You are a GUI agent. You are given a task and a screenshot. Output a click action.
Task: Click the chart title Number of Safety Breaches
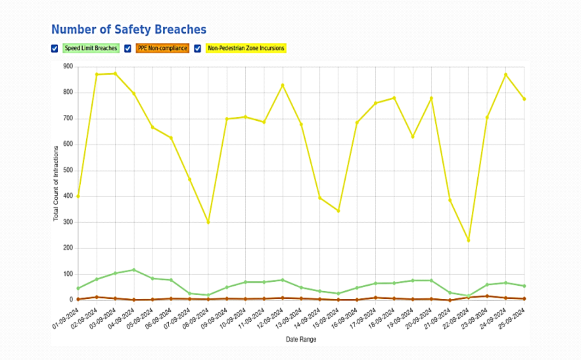pyautogui.click(x=129, y=29)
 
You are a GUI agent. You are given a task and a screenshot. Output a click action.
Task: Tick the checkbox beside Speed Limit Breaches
pyautogui.click(x=55, y=48)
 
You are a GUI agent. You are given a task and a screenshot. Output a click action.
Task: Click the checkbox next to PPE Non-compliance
pyautogui.click(x=128, y=48)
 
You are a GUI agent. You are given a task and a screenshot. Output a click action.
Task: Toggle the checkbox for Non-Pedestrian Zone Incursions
pyautogui.click(x=197, y=48)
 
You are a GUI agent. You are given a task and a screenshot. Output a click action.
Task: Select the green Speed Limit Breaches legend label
pyautogui.click(x=91, y=48)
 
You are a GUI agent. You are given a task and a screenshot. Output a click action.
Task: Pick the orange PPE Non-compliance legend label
pyautogui.click(x=162, y=48)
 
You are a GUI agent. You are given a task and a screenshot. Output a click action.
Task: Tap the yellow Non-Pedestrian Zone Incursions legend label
pyautogui.click(x=246, y=48)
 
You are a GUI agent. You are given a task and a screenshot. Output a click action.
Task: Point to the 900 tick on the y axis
pyautogui.click(x=68, y=67)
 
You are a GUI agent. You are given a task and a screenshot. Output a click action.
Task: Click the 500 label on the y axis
pyautogui.click(x=68, y=170)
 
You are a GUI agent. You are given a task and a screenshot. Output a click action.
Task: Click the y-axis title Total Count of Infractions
pyautogui.click(x=56, y=184)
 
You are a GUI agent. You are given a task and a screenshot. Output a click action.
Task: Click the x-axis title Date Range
pyautogui.click(x=301, y=339)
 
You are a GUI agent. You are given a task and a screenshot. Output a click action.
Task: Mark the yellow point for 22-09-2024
pyautogui.click(x=468, y=240)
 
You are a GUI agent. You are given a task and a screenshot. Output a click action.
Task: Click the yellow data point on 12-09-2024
pyautogui.click(x=283, y=85)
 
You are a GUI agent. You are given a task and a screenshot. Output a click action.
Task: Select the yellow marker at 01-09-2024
pyautogui.click(x=78, y=196)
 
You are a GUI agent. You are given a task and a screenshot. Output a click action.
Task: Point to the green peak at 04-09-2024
pyautogui.click(x=134, y=270)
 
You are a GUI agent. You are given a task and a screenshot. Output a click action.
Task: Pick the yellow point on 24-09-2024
pyautogui.click(x=506, y=75)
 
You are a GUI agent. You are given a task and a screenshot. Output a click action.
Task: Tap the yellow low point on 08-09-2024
pyautogui.click(x=208, y=222)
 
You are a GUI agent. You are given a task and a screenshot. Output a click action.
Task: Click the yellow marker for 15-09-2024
pyautogui.click(x=338, y=211)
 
